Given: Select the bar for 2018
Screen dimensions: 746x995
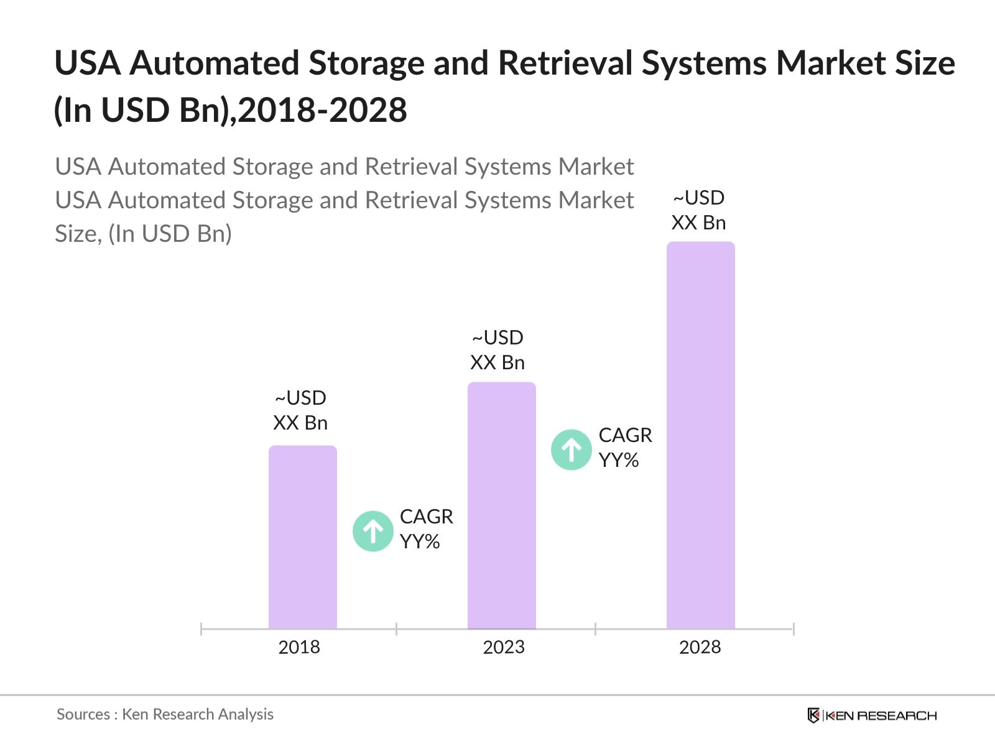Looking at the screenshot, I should [x=303, y=537].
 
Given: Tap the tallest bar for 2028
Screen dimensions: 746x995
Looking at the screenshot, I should [x=701, y=435].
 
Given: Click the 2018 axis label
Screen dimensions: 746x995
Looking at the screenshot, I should [x=299, y=647].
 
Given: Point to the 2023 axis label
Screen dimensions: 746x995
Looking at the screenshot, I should [x=504, y=647].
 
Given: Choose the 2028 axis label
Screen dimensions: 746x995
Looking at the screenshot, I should [x=700, y=647].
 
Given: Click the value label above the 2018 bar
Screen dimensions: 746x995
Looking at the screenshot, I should [x=300, y=410].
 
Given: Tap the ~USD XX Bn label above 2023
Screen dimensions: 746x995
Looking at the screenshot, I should [x=497, y=350].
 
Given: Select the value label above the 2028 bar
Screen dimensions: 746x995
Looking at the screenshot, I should [x=699, y=210].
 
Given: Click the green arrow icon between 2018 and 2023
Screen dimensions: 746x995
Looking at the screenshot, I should [x=373, y=531].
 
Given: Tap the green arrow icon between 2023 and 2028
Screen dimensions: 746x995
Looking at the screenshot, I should [x=571, y=449].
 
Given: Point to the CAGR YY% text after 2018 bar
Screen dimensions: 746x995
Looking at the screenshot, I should [x=426, y=529].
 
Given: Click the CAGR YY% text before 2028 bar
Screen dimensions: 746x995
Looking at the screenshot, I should [x=625, y=448].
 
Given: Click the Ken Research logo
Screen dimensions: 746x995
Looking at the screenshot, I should [x=872, y=716].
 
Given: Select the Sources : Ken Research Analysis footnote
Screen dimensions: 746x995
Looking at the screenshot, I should [x=165, y=714].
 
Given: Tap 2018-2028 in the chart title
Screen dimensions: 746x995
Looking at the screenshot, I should [x=323, y=110].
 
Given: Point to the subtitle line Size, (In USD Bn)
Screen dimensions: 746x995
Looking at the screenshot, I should [x=143, y=234].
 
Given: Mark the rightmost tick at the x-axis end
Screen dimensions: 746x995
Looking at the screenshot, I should [x=794, y=629].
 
